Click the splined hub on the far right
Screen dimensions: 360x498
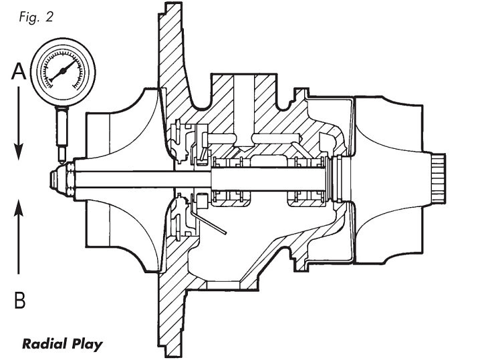pyautogui.click(x=442, y=180)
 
